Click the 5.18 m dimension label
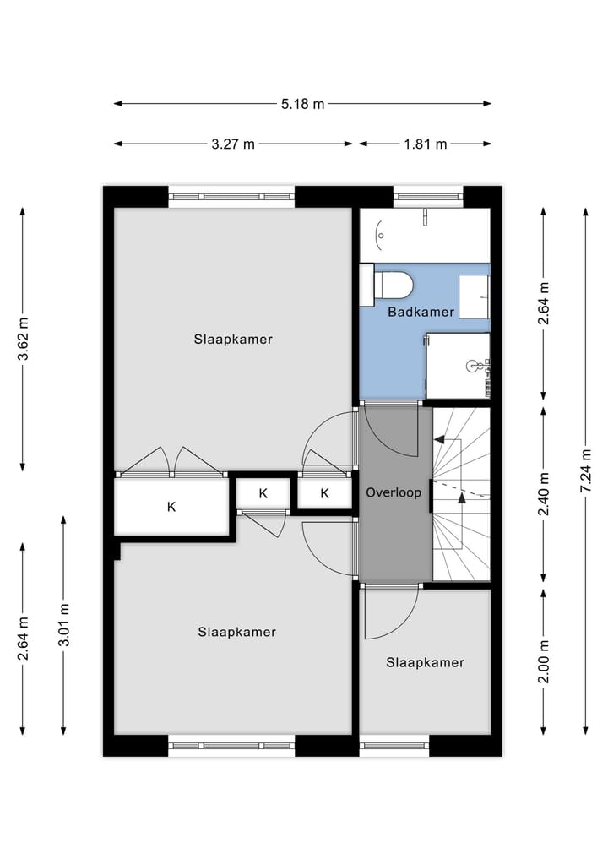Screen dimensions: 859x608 [302, 104]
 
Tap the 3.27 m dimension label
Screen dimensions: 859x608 [233, 144]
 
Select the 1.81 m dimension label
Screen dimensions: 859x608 [426, 144]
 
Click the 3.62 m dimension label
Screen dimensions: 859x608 [24, 339]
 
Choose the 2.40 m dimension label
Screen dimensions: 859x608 [544, 494]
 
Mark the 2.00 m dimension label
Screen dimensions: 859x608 [544, 662]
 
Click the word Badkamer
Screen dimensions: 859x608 [421, 312]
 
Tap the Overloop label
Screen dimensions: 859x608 [393, 492]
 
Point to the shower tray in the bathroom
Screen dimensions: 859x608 [457, 365]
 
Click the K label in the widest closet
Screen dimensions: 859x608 [171, 507]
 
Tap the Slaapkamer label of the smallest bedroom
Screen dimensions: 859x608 [425, 663]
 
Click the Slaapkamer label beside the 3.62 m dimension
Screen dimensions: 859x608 [233, 340]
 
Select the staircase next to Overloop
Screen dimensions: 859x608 [461, 494]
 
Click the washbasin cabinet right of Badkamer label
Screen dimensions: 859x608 [474, 296]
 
